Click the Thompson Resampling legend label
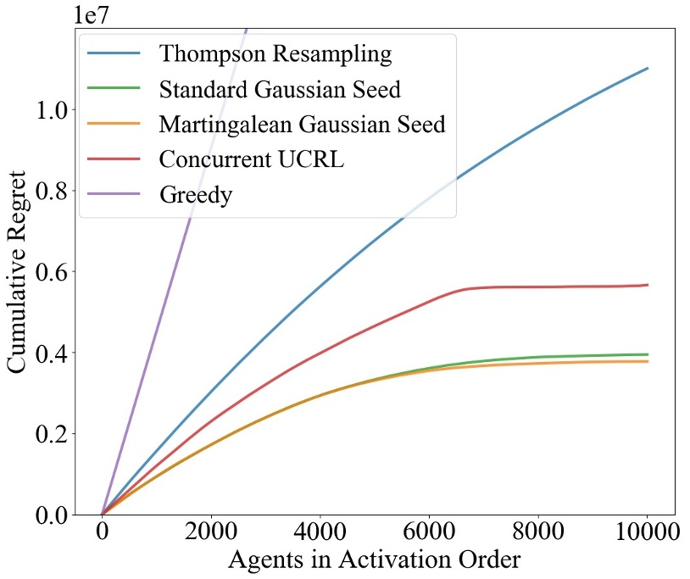point(275,54)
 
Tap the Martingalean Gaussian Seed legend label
point(302,124)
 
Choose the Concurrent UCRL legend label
point(252,159)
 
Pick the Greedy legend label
point(196,193)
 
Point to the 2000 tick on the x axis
point(210,533)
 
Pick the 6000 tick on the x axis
point(429,533)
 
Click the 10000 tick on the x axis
point(648,533)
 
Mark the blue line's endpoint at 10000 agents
point(648,68)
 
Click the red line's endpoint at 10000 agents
point(648,285)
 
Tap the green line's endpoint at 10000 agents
point(648,354)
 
